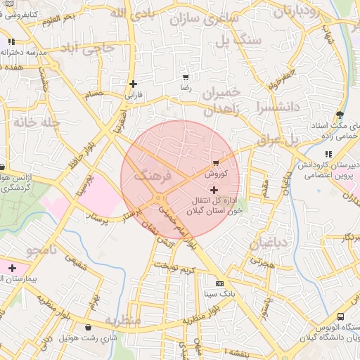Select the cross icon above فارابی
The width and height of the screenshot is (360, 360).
(133, 84)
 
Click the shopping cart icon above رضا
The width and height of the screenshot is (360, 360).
(186, 78)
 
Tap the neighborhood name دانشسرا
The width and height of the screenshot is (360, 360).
(259, 108)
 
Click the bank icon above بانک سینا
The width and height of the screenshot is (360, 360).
(219, 283)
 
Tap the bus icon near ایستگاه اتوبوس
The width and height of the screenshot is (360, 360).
(341, 317)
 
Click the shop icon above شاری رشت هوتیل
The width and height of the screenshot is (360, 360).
(88, 328)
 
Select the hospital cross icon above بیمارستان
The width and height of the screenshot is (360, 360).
(12, 268)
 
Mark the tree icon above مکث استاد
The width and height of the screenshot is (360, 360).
(340, 115)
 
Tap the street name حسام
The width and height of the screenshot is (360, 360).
(94, 94)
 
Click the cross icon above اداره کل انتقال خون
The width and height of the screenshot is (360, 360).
(214, 190)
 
